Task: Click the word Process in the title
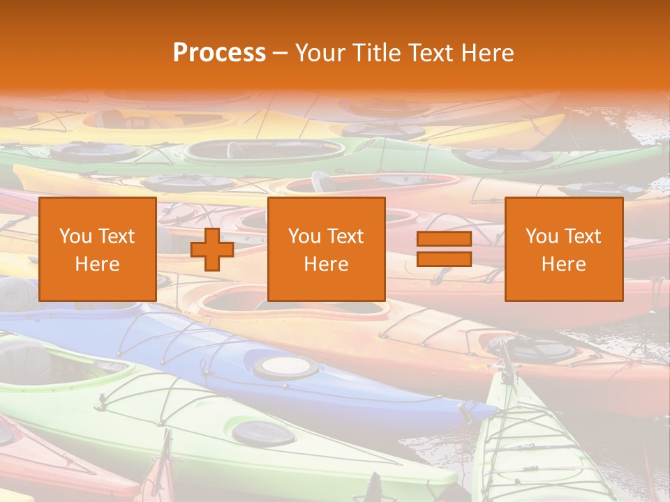pyautogui.click(x=219, y=53)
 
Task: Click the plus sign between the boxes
pyautogui.click(x=212, y=249)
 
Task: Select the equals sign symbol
pyautogui.click(x=444, y=249)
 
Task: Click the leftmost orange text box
pyautogui.click(x=98, y=249)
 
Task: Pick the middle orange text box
pyautogui.click(x=326, y=249)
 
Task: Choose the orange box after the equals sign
pyautogui.click(x=563, y=249)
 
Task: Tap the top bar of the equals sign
pyautogui.click(x=444, y=239)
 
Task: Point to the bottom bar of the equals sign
pyautogui.click(x=444, y=259)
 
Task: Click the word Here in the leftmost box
pyautogui.click(x=98, y=264)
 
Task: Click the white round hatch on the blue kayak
pyautogui.click(x=285, y=365)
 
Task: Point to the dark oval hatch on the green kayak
pyautogui.click(x=263, y=434)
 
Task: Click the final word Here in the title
pyautogui.click(x=487, y=53)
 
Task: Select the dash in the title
pyautogui.click(x=281, y=53)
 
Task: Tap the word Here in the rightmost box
pyautogui.click(x=563, y=264)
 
